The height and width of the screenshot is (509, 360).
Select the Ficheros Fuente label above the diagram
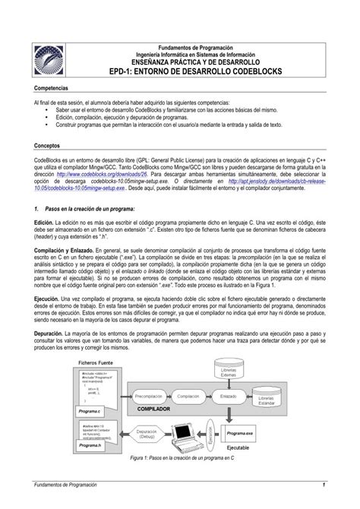[x=96, y=363]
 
